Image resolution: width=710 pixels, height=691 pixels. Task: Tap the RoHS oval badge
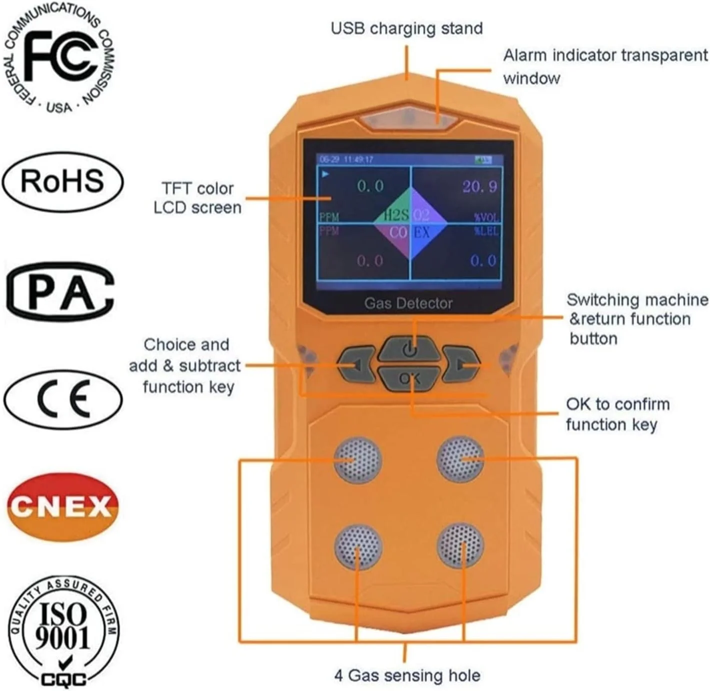point(62,181)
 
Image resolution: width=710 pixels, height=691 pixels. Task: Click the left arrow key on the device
point(356,364)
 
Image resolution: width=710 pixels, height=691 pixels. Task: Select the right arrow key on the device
point(461,364)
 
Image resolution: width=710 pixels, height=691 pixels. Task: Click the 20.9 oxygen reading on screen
point(479,187)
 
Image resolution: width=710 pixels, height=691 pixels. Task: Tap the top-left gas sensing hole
point(358,459)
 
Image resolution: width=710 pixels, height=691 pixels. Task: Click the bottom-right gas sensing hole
point(460,546)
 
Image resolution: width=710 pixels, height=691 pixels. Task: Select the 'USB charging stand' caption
point(406,29)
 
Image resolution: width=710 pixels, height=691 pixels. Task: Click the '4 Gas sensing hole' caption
point(407,675)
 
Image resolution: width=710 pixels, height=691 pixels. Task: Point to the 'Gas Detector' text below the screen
point(408,303)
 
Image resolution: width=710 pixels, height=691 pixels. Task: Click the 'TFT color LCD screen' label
point(197,198)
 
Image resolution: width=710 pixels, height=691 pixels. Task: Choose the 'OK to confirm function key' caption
point(617,414)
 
